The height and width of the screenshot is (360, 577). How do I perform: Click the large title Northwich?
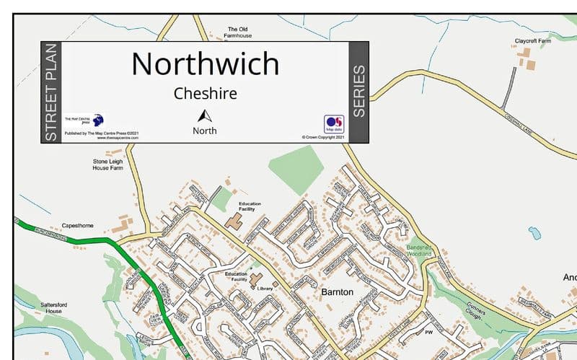pyautogui.click(x=205, y=64)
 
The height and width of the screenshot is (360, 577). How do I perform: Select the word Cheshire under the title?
pyautogui.click(x=205, y=94)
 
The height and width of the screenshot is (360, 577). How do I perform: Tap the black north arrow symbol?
pyautogui.click(x=205, y=116)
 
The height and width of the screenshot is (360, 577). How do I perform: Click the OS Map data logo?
pyautogui.click(x=334, y=124)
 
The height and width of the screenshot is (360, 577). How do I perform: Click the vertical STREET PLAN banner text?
pyautogui.click(x=50, y=92)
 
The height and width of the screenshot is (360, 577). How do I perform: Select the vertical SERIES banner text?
pyautogui.click(x=358, y=92)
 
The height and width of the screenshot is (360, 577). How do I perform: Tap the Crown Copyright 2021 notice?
pyautogui.click(x=324, y=136)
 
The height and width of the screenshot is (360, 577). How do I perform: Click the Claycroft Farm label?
pyautogui.click(x=532, y=41)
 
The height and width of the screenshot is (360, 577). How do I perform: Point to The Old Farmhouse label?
pyautogui.click(x=237, y=32)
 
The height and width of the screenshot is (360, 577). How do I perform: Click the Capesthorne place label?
pyautogui.click(x=77, y=225)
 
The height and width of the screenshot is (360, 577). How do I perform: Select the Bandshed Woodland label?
pyautogui.click(x=418, y=250)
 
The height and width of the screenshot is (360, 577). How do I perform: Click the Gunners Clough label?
pyautogui.click(x=477, y=308)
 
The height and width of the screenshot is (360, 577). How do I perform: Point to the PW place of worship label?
pyautogui.click(x=428, y=333)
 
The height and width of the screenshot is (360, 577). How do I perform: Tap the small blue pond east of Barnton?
pyautogui.click(x=534, y=233)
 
